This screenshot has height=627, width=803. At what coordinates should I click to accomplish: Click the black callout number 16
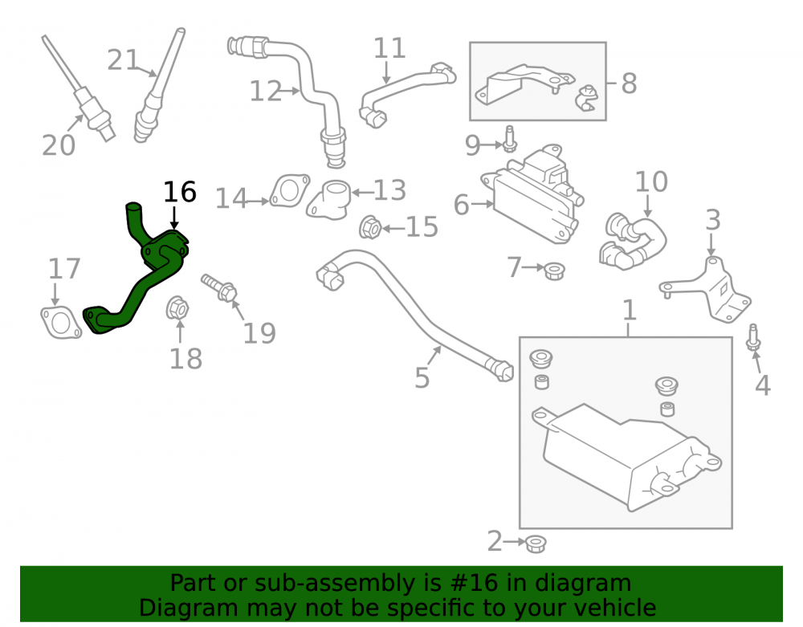(x=180, y=192)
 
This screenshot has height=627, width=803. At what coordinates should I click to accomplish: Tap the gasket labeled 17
(x=60, y=323)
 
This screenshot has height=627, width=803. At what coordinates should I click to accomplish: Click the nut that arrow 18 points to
(x=177, y=308)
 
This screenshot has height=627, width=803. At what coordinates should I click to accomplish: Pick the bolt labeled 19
(x=220, y=287)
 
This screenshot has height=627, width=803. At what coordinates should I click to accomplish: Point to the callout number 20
(x=59, y=145)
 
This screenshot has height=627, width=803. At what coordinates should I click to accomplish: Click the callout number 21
(x=123, y=60)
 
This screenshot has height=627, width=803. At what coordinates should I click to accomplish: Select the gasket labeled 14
(x=290, y=190)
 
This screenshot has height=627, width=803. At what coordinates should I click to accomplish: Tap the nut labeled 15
(x=369, y=227)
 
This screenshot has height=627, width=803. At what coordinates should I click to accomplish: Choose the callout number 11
(x=389, y=48)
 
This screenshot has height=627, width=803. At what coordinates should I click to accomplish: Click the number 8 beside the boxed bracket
(x=629, y=83)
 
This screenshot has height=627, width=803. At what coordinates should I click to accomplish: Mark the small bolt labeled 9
(x=509, y=139)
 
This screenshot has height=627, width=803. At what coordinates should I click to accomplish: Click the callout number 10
(x=651, y=181)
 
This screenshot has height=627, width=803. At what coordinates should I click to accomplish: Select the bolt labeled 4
(x=753, y=337)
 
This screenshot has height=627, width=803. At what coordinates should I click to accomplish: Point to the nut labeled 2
(x=536, y=544)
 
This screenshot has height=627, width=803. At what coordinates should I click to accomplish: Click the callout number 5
(x=422, y=378)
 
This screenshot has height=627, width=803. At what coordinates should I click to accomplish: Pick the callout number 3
(x=713, y=220)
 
